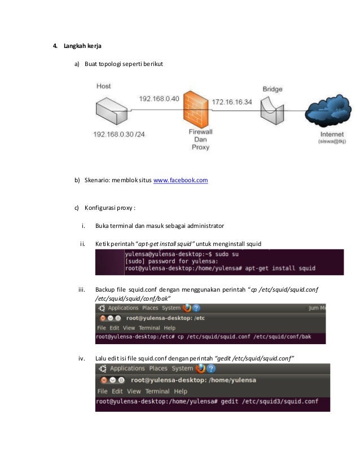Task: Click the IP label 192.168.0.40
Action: pyautogui.click(x=159, y=99)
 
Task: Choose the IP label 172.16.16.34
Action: pyautogui.click(x=231, y=102)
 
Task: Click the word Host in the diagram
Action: pyautogui.click(x=104, y=86)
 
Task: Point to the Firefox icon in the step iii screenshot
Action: pyautogui.click(x=186, y=308)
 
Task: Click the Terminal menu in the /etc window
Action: pyautogui.click(x=150, y=328)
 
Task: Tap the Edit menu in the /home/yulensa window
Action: pyautogui.click(x=117, y=391)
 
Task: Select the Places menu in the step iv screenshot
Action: pyautogui.click(x=158, y=368)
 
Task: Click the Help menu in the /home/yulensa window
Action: pyautogui.click(x=181, y=391)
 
